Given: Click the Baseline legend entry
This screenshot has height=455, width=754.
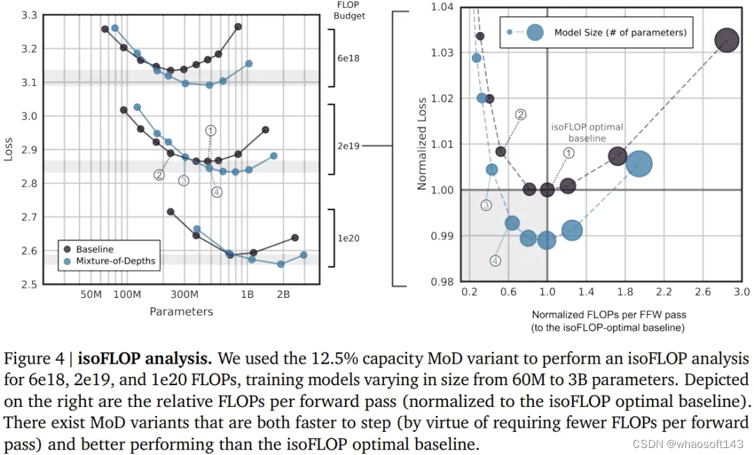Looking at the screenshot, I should [94, 249].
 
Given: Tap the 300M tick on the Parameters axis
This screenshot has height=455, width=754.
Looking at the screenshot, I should [185, 294].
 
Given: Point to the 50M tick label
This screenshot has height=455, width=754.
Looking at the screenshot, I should [91, 294].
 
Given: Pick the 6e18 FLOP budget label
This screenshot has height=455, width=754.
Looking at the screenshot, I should [348, 59].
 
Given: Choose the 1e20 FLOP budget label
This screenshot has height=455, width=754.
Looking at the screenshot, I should [348, 238].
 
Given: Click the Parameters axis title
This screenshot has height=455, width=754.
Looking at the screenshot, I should [181, 311].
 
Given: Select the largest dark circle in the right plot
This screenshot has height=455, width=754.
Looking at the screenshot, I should [727, 40].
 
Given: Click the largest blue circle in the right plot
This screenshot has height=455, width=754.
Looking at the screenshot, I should [639, 164].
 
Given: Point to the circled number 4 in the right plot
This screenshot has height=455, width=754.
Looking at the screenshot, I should [495, 260].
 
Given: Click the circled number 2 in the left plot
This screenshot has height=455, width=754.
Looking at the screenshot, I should [158, 175].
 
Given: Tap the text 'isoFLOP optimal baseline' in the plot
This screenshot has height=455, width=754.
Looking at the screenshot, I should [587, 133].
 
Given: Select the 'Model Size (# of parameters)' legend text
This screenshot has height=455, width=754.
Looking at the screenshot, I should [620, 32].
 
